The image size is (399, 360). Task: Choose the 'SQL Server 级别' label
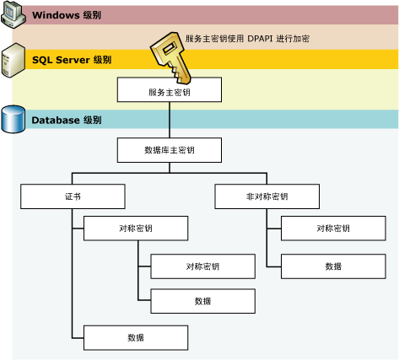[72, 61]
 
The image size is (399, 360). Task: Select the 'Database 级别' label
[67, 121]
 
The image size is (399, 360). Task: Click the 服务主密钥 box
[169, 90]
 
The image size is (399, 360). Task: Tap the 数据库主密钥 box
[169, 151]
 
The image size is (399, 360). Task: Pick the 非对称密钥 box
[267, 196]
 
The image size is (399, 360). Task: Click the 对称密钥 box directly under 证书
[135, 228]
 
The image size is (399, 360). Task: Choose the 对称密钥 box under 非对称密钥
[332, 228]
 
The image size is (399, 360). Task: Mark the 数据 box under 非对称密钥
[332, 266]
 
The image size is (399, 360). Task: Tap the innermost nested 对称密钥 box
[202, 266]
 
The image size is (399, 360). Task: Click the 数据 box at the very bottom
[135, 337]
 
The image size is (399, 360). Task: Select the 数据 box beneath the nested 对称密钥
[202, 301]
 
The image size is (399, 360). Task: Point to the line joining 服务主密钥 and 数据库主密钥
[170, 121]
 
